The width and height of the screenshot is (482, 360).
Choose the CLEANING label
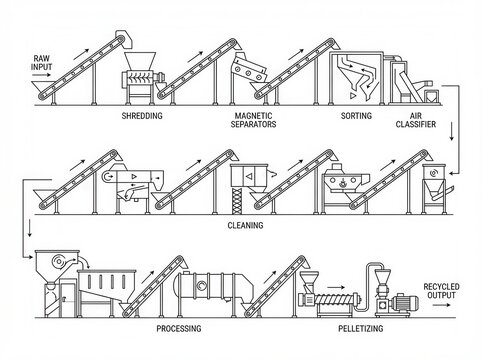pos(246,226)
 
